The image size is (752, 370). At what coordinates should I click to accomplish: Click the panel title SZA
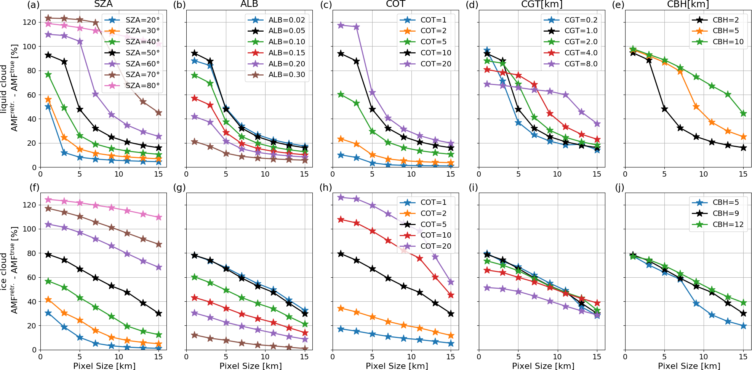[103, 4]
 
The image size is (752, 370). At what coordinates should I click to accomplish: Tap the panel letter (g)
[179, 187]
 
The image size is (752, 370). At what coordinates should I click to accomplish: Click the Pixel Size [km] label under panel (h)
[397, 366]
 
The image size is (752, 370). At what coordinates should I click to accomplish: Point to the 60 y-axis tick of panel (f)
[32, 277]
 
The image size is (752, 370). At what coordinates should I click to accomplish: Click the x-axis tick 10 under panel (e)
[703, 174]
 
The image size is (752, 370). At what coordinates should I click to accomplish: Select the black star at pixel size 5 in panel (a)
[80, 109]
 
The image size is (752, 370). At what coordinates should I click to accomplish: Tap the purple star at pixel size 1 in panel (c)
[341, 25]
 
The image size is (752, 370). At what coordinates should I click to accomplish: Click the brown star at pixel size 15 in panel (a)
[159, 113]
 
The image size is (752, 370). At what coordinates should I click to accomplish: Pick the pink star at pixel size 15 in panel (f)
[159, 217]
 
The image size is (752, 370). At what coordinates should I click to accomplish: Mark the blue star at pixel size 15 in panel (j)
[743, 326]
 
